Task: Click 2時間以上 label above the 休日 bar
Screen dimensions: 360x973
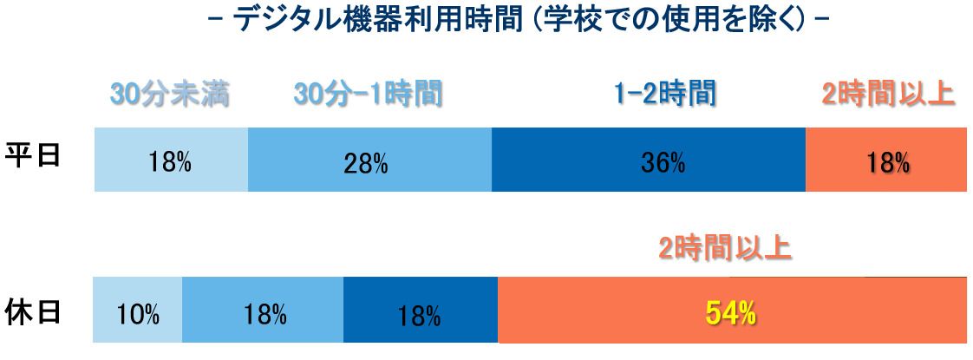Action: (x=724, y=249)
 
